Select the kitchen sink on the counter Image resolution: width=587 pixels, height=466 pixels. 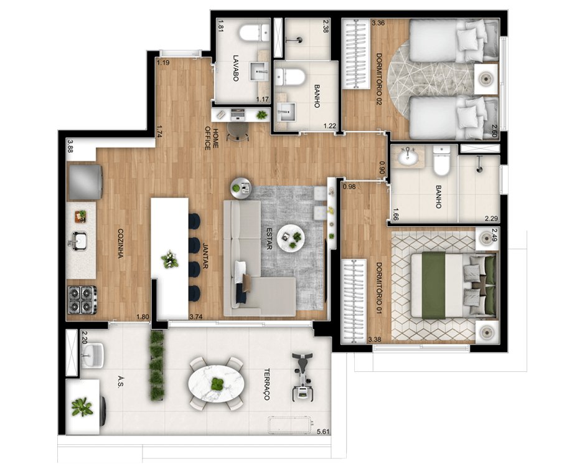(x=80, y=239)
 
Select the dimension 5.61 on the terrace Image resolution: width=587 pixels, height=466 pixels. (x=322, y=431)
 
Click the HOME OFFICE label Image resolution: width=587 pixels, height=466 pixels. (x=212, y=138)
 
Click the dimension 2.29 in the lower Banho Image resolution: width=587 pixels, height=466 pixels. (x=491, y=219)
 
